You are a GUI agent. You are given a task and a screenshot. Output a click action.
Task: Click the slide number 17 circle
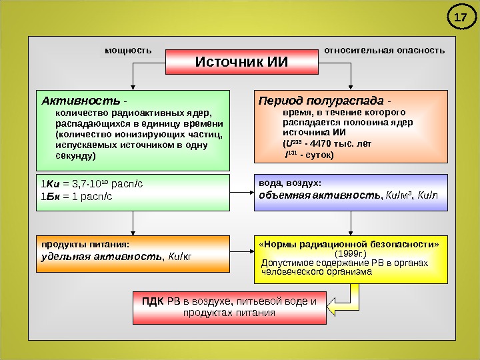[x=459, y=18]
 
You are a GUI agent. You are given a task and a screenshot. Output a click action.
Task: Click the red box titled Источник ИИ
[x=241, y=62]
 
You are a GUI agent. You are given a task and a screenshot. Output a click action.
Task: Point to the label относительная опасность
[x=384, y=51]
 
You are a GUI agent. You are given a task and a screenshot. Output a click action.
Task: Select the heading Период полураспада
[x=321, y=101]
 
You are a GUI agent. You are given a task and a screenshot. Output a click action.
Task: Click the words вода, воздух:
[x=289, y=183]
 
